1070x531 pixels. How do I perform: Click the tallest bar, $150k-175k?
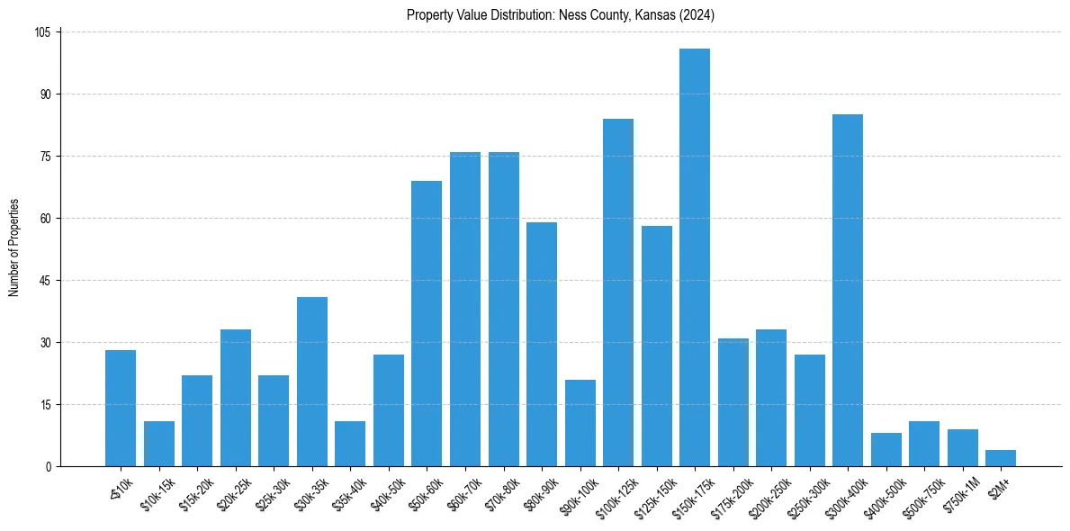click(x=695, y=257)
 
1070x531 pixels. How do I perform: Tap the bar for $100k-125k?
click(x=618, y=292)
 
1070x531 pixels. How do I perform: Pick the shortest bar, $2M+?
click(x=1001, y=458)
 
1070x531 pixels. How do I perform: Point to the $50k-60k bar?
click(x=427, y=324)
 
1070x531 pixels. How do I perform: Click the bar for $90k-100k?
click(x=580, y=423)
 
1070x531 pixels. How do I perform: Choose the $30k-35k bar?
click(x=312, y=382)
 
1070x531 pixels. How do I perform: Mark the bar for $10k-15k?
click(x=159, y=444)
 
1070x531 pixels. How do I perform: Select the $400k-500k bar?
click(x=886, y=450)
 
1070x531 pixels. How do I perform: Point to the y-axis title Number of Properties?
click(x=13, y=247)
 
